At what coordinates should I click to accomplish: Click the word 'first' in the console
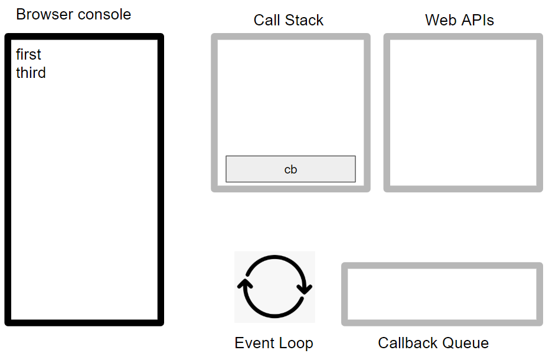pos(28,55)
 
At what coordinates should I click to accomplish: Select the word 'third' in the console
pos(31,73)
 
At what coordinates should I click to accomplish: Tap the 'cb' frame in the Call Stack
pos(290,169)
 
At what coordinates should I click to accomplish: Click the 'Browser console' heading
pos(73,15)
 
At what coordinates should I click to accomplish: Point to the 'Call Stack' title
pos(289,20)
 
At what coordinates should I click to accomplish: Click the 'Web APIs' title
pos(459,20)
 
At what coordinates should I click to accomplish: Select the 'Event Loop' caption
pos(273,343)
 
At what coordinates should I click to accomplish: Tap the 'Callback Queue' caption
pos(433,343)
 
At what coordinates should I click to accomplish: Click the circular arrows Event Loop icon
pos(274,287)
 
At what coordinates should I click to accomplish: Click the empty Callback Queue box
pos(442,294)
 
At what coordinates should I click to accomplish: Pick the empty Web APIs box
pos(463,112)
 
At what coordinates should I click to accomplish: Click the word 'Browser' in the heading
pos(43,15)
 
